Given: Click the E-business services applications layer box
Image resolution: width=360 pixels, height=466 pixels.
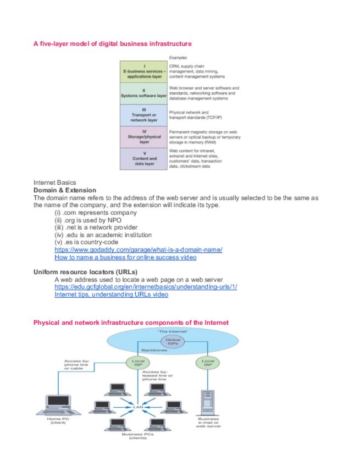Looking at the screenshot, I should [143, 72].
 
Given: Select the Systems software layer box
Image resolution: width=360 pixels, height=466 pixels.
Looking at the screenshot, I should [143, 93].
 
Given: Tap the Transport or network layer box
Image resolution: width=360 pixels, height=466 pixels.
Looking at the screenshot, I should [143, 115].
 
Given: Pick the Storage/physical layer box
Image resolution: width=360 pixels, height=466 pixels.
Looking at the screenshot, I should [143, 137].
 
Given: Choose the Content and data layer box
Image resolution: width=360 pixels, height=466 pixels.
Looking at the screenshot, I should [143, 158].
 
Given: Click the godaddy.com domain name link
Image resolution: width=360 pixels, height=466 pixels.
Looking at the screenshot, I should [138, 249].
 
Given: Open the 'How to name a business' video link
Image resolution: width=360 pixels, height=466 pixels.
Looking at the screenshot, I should [125, 257].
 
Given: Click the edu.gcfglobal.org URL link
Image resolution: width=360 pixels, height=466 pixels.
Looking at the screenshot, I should [146, 287].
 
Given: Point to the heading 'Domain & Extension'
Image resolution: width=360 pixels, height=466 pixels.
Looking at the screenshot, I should [64, 190].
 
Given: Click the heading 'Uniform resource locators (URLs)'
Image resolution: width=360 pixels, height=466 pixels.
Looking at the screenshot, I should [85, 272].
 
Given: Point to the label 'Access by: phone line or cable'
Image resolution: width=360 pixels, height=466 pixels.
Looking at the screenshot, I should [77, 364].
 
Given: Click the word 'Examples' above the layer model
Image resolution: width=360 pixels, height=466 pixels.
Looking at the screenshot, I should [178, 57].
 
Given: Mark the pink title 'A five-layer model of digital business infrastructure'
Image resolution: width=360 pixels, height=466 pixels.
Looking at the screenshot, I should [113, 43].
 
